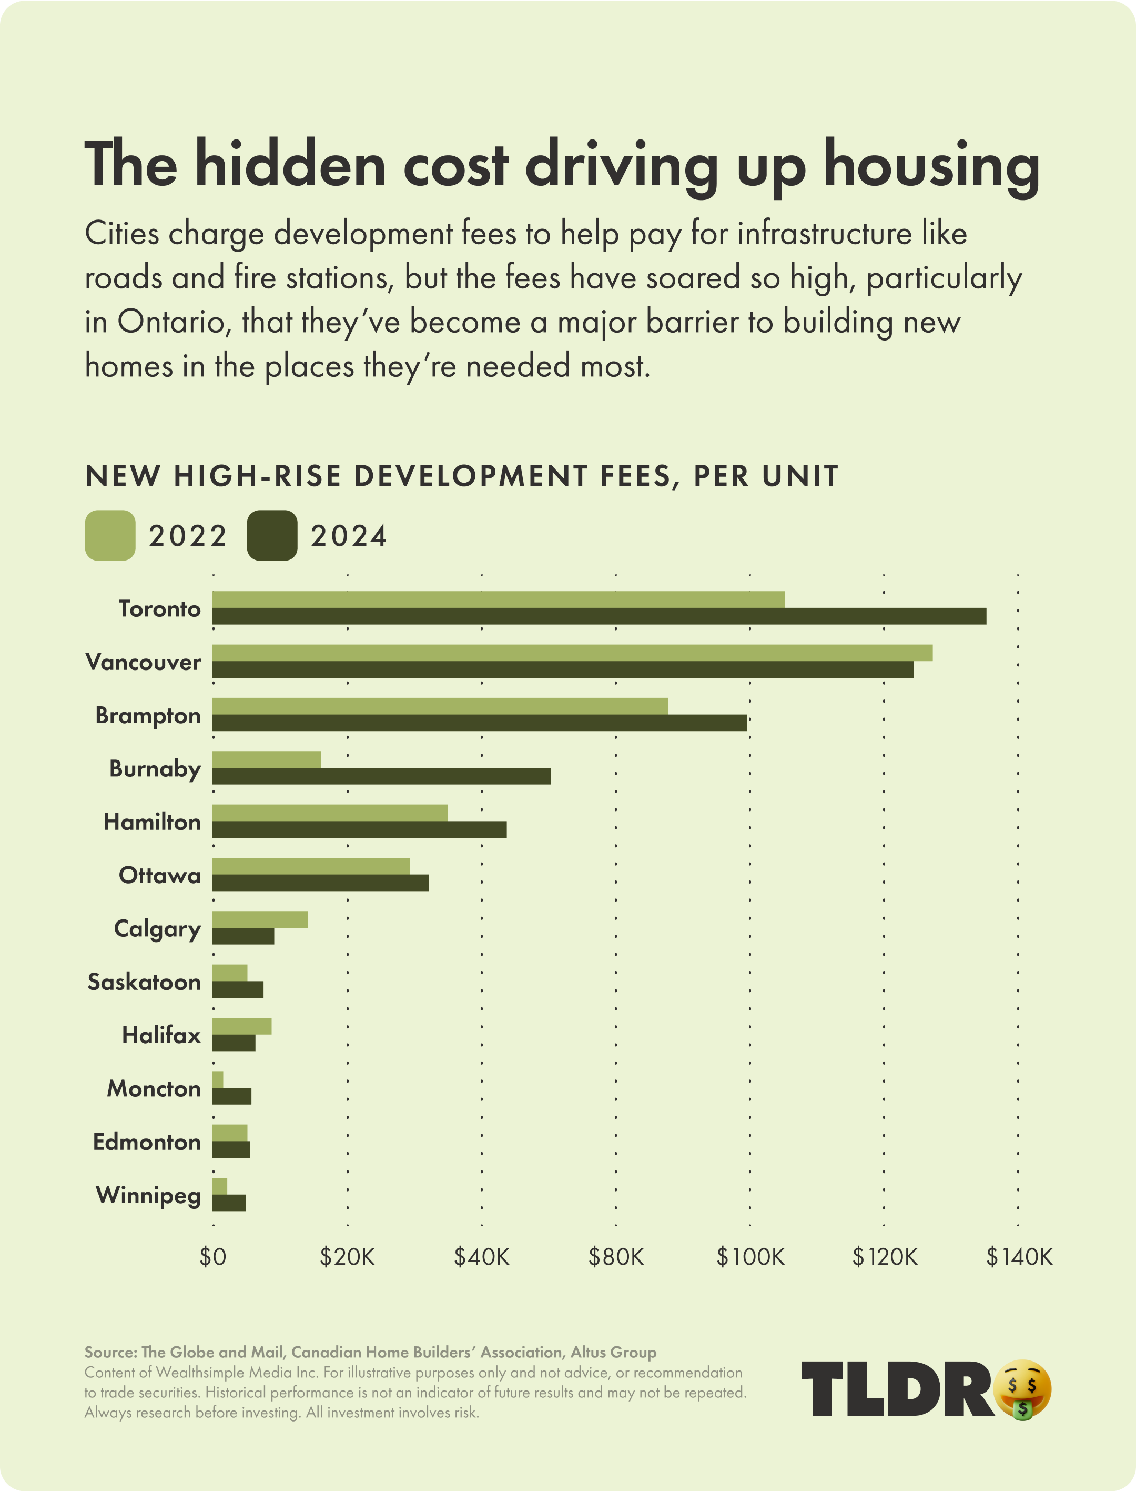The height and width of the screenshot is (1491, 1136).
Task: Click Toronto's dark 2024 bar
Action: pyautogui.click(x=599, y=616)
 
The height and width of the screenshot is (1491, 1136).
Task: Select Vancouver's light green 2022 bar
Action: pyautogui.click(x=572, y=653)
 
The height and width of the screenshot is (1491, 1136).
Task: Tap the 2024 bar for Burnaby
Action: pyautogui.click(x=381, y=776)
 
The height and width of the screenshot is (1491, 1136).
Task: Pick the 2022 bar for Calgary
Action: pyautogui.click(x=260, y=919)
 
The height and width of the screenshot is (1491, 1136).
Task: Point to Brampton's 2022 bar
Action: pyautogui.click(x=440, y=706)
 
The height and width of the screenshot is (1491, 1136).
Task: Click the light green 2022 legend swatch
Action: pyautogui.click(x=109, y=535)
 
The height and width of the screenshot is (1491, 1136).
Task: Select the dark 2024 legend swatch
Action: pyautogui.click(x=272, y=535)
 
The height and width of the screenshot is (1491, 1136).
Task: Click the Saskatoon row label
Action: pyautogui.click(x=144, y=982)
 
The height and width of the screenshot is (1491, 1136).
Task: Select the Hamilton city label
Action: pyautogui.click(x=152, y=823)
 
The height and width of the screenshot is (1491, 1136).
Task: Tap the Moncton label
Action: pyautogui.click(x=154, y=1089)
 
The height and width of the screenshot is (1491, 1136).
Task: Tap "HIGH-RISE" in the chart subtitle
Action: pyautogui.click(x=257, y=476)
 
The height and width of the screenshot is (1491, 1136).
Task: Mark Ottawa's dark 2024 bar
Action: pyautogui.click(x=320, y=883)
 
